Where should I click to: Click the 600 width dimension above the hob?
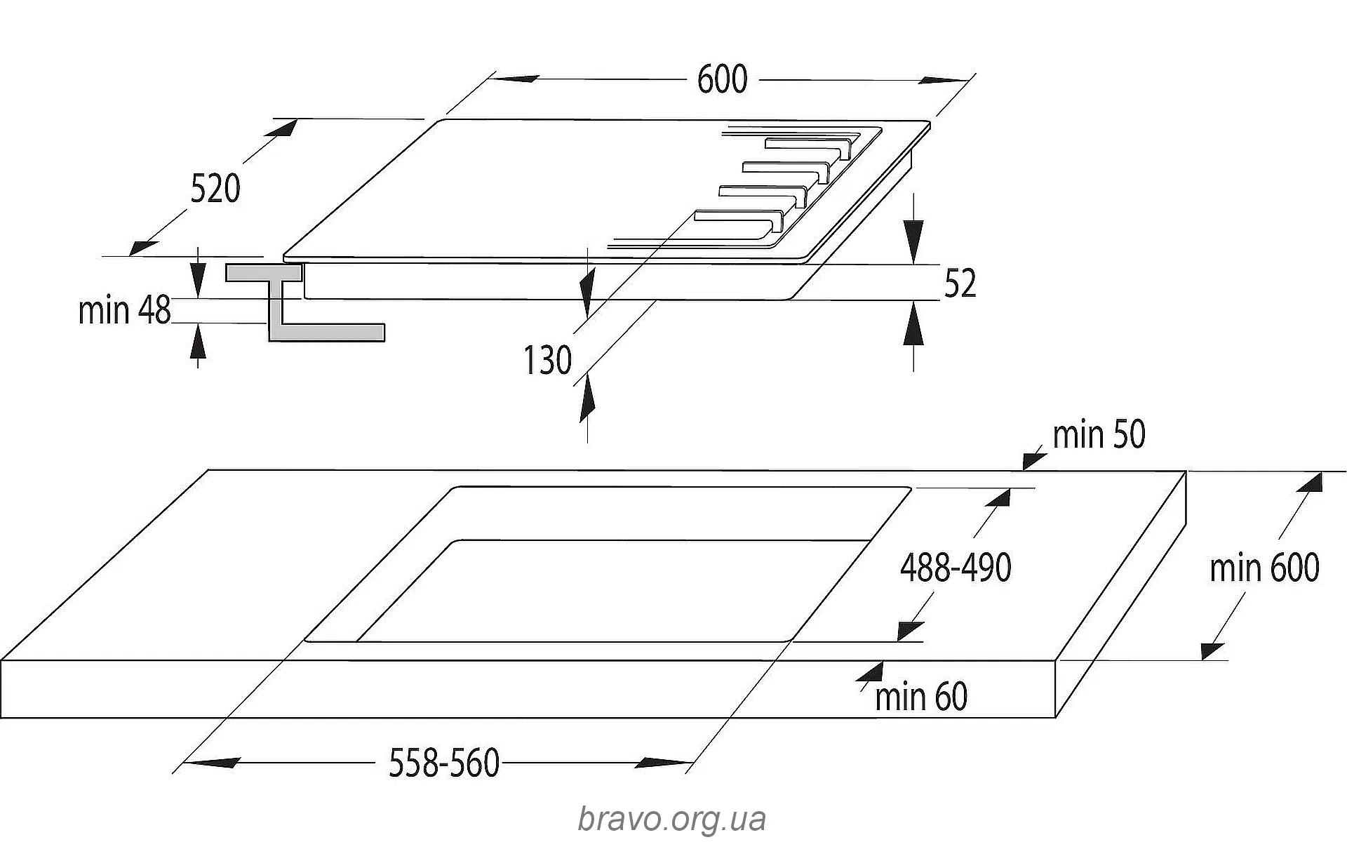pyautogui.click(x=722, y=79)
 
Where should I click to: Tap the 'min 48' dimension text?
pyautogui.click(x=125, y=310)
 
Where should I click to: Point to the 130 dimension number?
pyautogui.click(x=547, y=361)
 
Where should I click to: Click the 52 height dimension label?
pyautogui.click(x=960, y=283)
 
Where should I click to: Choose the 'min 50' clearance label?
pyautogui.click(x=1099, y=434)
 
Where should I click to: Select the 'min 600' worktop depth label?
pyautogui.click(x=1264, y=568)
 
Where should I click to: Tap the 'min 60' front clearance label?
pyautogui.click(x=921, y=697)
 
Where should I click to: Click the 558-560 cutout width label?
pyautogui.click(x=444, y=763)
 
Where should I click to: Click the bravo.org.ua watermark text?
pyautogui.click(x=671, y=819)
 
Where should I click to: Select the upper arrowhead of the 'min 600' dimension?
pyautogui.click(x=1310, y=483)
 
